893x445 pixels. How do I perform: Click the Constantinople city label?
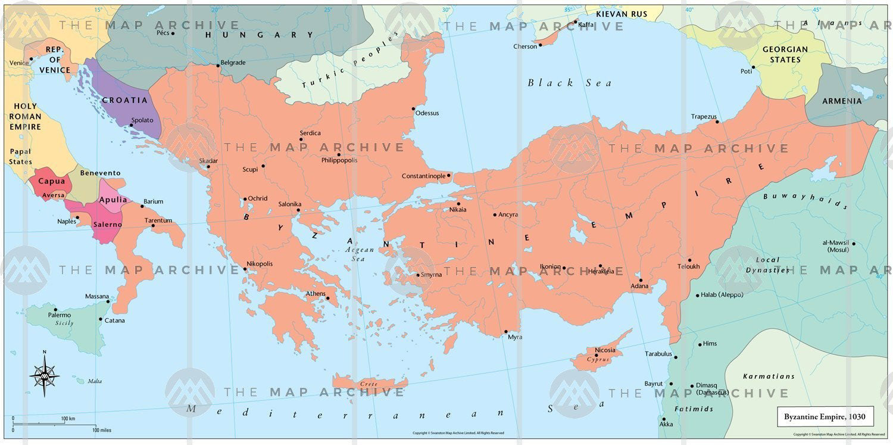tap(423, 176)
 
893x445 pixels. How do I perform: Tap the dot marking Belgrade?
tap(218, 66)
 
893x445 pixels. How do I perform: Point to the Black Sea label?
tap(569, 83)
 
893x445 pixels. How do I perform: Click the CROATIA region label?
tap(124, 100)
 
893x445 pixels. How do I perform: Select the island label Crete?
tap(369, 384)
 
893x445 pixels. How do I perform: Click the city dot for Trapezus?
tap(717, 122)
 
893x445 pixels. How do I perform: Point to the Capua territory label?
tap(52, 181)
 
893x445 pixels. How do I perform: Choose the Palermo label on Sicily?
tap(60, 315)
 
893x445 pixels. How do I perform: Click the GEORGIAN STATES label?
tap(785, 54)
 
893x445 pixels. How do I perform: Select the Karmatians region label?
tap(769, 376)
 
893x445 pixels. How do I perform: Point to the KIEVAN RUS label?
tap(622, 14)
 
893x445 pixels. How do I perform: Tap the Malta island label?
tap(95, 381)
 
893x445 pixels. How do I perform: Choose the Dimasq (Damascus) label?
tap(712, 389)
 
